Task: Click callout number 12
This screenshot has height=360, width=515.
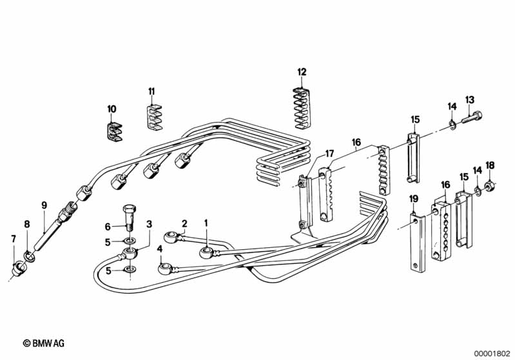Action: pos(302,72)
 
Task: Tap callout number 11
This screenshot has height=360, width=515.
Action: pos(151,91)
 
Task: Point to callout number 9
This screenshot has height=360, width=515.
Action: pos(44,205)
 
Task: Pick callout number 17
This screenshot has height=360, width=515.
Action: pos(329,153)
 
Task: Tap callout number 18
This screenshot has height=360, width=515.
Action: pos(490,166)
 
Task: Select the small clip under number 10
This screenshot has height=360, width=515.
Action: pos(114,131)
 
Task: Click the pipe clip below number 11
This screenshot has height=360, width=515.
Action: pos(153,117)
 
